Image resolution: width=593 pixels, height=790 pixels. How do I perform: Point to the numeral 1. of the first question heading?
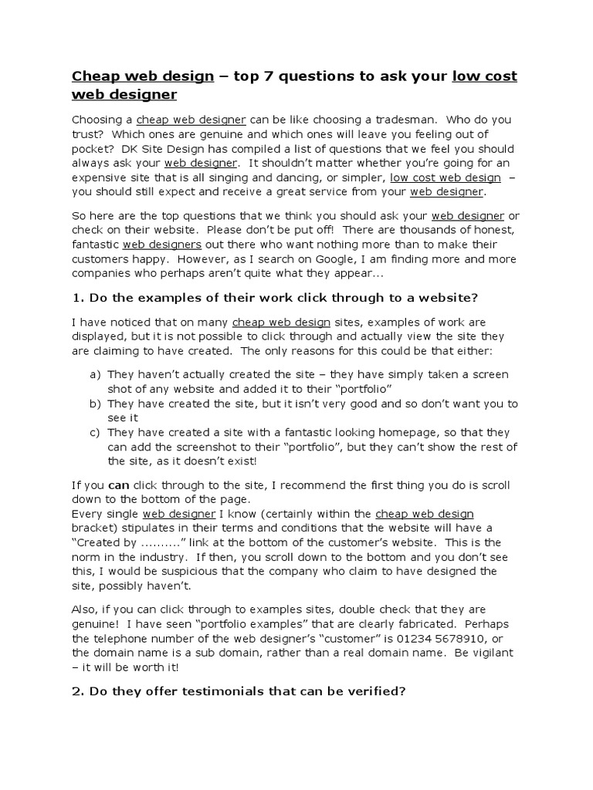[77, 298]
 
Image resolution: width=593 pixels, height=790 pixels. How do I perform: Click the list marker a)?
[96, 374]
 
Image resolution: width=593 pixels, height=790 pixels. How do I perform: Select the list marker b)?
[96, 403]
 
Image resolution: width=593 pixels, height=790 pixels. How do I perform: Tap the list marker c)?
[96, 433]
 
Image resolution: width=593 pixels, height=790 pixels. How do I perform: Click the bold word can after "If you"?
[118, 486]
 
